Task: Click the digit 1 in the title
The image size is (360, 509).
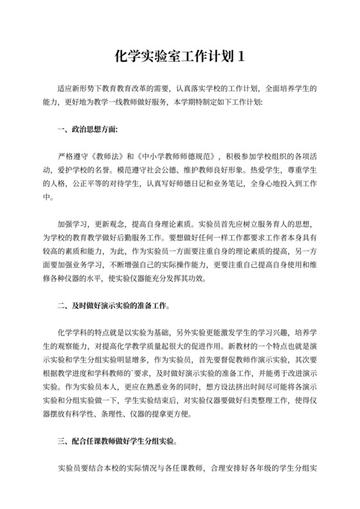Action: click(241, 56)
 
